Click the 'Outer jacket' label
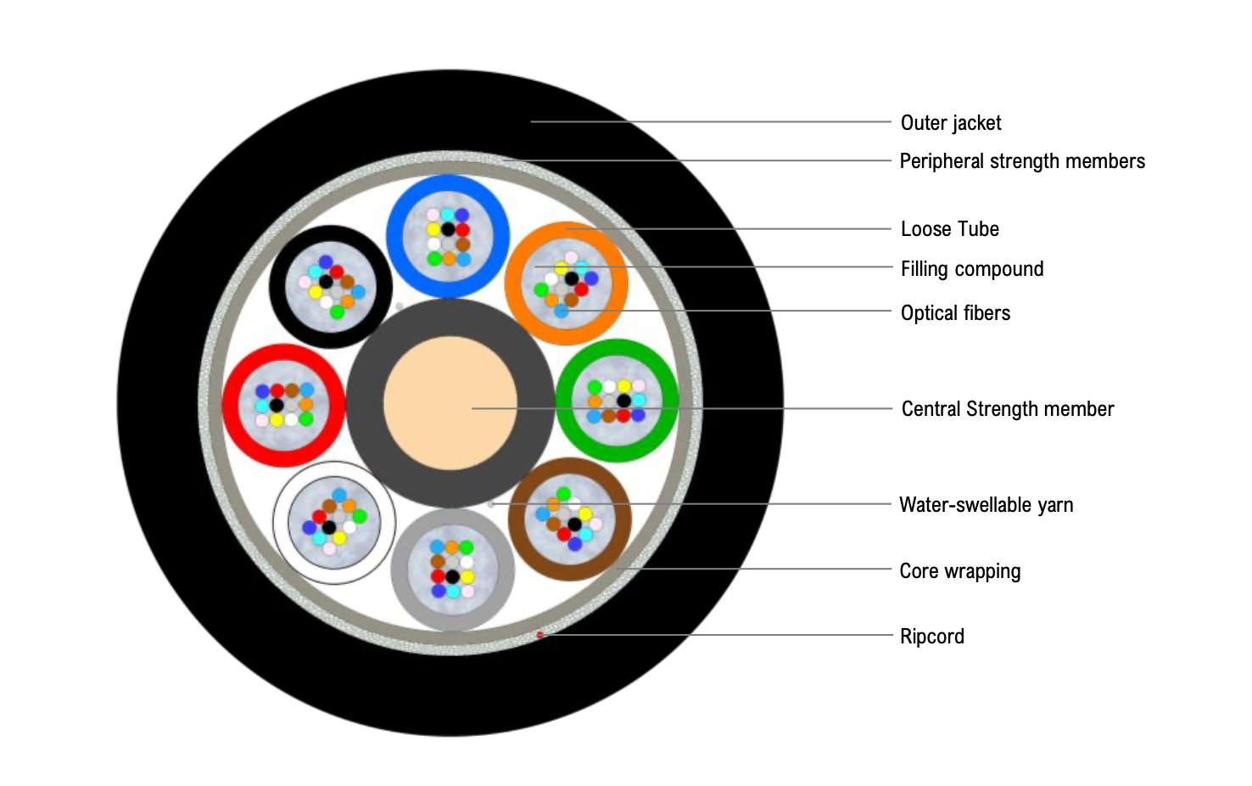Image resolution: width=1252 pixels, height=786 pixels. click(x=951, y=123)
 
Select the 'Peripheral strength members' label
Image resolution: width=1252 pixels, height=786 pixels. click(x=1021, y=161)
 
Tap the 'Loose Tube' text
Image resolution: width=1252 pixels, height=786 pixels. click(x=949, y=229)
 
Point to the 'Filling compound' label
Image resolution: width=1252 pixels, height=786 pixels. click(x=971, y=269)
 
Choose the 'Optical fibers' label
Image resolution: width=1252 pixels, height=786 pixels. click(x=955, y=313)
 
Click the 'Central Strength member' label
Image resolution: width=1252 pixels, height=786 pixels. click(x=1007, y=409)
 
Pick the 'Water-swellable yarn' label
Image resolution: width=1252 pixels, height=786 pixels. click(x=986, y=505)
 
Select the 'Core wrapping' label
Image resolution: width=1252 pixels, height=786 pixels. click(x=959, y=571)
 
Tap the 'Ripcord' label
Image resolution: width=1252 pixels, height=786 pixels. click(x=931, y=637)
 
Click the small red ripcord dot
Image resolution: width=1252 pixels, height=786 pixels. click(x=539, y=635)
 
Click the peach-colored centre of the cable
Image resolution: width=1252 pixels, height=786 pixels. click(x=450, y=403)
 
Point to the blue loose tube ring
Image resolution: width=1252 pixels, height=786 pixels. click(x=448, y=186)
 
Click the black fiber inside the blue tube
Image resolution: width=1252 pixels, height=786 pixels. click(x=448, y=229)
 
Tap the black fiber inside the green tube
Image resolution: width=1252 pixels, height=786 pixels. click(x=623, y=401)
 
